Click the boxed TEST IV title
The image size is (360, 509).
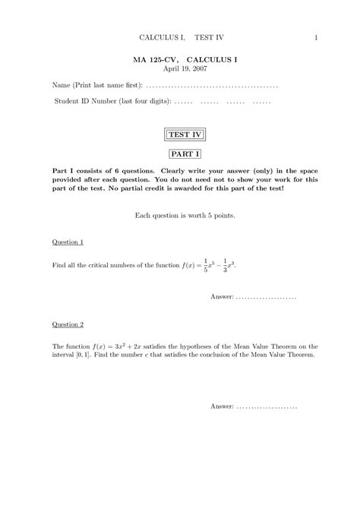pyautogui.click(x=185, y=135)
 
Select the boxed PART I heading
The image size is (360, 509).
pyautogui.click(x=185, y=154)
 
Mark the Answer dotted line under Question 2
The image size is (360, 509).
pyautogui.click(x=267, y=406)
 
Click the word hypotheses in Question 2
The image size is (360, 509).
pyautogui.click(x=208, y=346)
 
